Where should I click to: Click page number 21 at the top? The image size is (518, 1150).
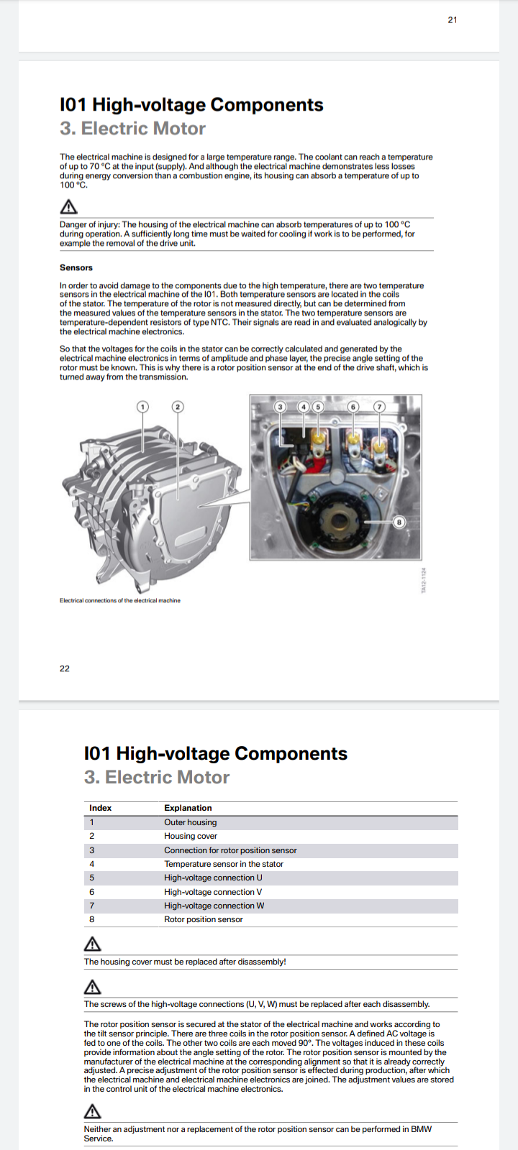point(453,20)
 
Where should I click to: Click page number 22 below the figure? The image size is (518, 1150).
point(64,668)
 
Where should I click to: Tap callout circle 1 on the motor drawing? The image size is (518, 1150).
point(142,407)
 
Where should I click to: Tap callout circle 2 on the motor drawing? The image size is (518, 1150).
point(177,407)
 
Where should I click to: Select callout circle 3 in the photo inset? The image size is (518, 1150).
point(280,407)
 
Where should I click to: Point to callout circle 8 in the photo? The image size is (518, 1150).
point(399,522)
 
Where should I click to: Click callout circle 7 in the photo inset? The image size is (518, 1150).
point(379,407)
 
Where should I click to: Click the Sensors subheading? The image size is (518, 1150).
point(76,267)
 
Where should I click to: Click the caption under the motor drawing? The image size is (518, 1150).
point(119,600)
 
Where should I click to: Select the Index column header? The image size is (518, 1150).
point(100,808)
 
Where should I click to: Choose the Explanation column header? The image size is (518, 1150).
point(188,808)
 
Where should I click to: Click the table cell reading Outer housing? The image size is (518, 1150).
point(190,822)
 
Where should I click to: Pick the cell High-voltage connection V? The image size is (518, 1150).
point(213,892)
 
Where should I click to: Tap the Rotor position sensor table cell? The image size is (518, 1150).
point(204,919)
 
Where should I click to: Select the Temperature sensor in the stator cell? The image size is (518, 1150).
point(224,864)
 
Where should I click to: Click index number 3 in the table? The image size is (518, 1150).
point(92,850)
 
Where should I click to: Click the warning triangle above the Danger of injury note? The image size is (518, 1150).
point(68,206)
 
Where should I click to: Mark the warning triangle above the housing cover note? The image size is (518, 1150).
point(93,944)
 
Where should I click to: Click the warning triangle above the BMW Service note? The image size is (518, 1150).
point(93,1111)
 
